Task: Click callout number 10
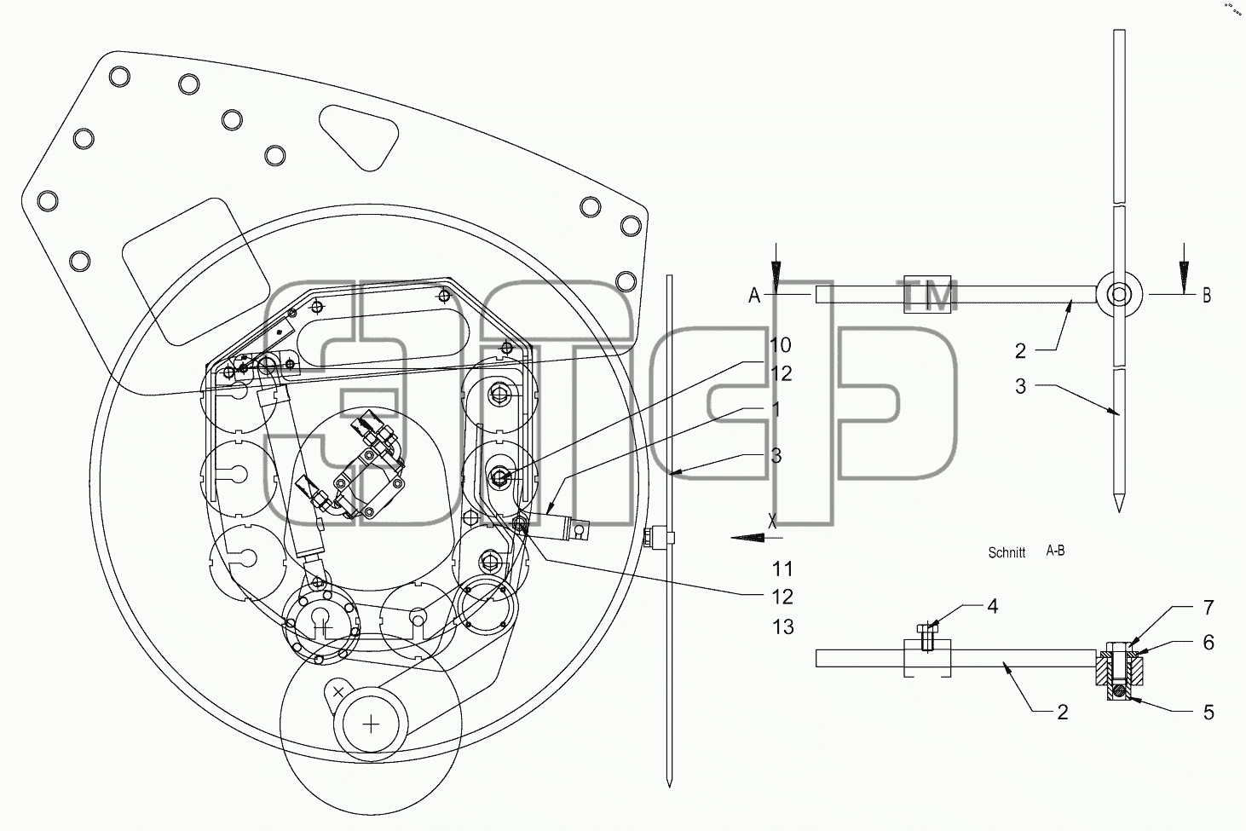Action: [781, 345]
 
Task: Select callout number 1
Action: [776, 410]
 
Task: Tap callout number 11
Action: [782, 569]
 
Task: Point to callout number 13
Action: [782, 626]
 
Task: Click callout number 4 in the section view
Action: [992, 606]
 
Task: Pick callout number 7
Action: [1209, 608]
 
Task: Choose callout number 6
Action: [1209, 643]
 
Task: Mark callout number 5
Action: [1209, 712]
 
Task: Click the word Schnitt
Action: [1007, 552]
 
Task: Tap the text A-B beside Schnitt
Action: [1055, 551]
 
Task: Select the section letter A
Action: [754, 295]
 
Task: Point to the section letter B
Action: [1207, 295]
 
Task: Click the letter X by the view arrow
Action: [772, 521]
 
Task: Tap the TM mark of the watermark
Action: [929, 296]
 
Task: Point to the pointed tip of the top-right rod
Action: [1119, 511]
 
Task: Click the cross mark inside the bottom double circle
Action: [371, 724]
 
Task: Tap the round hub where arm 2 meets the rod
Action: [1119, 295]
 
